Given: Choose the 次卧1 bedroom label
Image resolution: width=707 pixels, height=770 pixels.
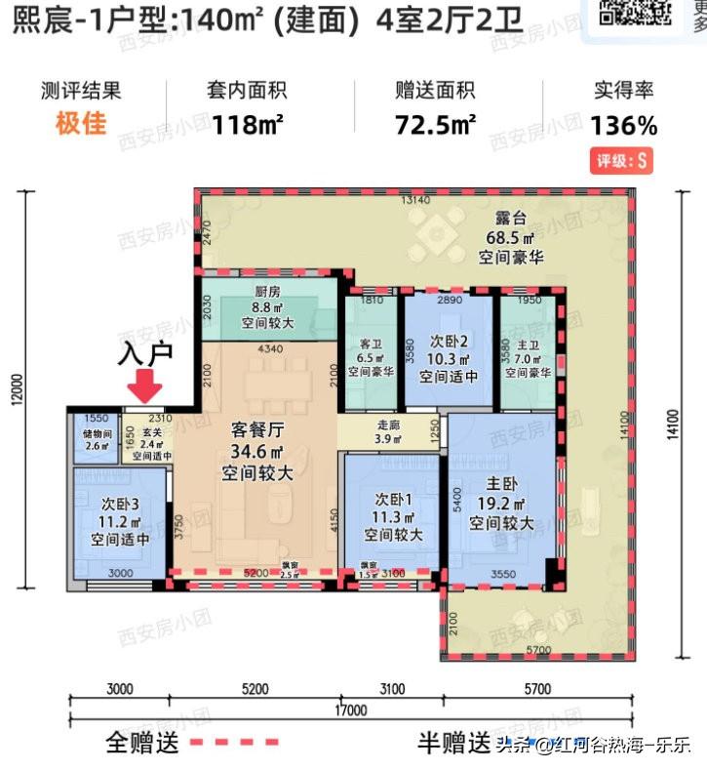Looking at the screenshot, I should coord(394,500).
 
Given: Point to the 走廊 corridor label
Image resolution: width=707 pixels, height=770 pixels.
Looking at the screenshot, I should coord(388,425).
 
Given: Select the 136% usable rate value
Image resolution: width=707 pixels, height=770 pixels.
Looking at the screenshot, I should coord(624,125).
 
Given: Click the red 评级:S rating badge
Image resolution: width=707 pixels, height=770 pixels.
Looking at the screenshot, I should coord(624,161).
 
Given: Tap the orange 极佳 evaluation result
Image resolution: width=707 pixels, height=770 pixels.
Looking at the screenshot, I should coord(81,124).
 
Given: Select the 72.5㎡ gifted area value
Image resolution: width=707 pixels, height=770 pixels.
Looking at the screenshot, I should coord(435,125).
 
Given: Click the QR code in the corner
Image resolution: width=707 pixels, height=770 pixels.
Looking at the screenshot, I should coord(635,13).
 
